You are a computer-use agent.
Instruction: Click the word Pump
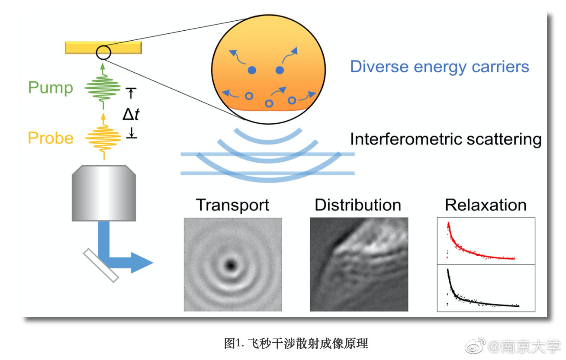(51, 88)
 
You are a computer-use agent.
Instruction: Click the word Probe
(51, 138)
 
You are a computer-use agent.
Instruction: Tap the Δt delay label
(131, 114)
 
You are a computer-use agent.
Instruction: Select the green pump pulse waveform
(103, 88)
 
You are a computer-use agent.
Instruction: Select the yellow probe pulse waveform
(103, 138)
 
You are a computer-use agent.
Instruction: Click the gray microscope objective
(104, 193)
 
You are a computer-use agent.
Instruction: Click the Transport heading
(232, 205)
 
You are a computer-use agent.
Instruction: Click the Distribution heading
(358, 205)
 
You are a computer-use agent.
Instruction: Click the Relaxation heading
(486, 205)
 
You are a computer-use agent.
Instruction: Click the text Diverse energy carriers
(440, 67)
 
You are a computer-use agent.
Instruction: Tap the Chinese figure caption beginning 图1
(296, 344)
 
